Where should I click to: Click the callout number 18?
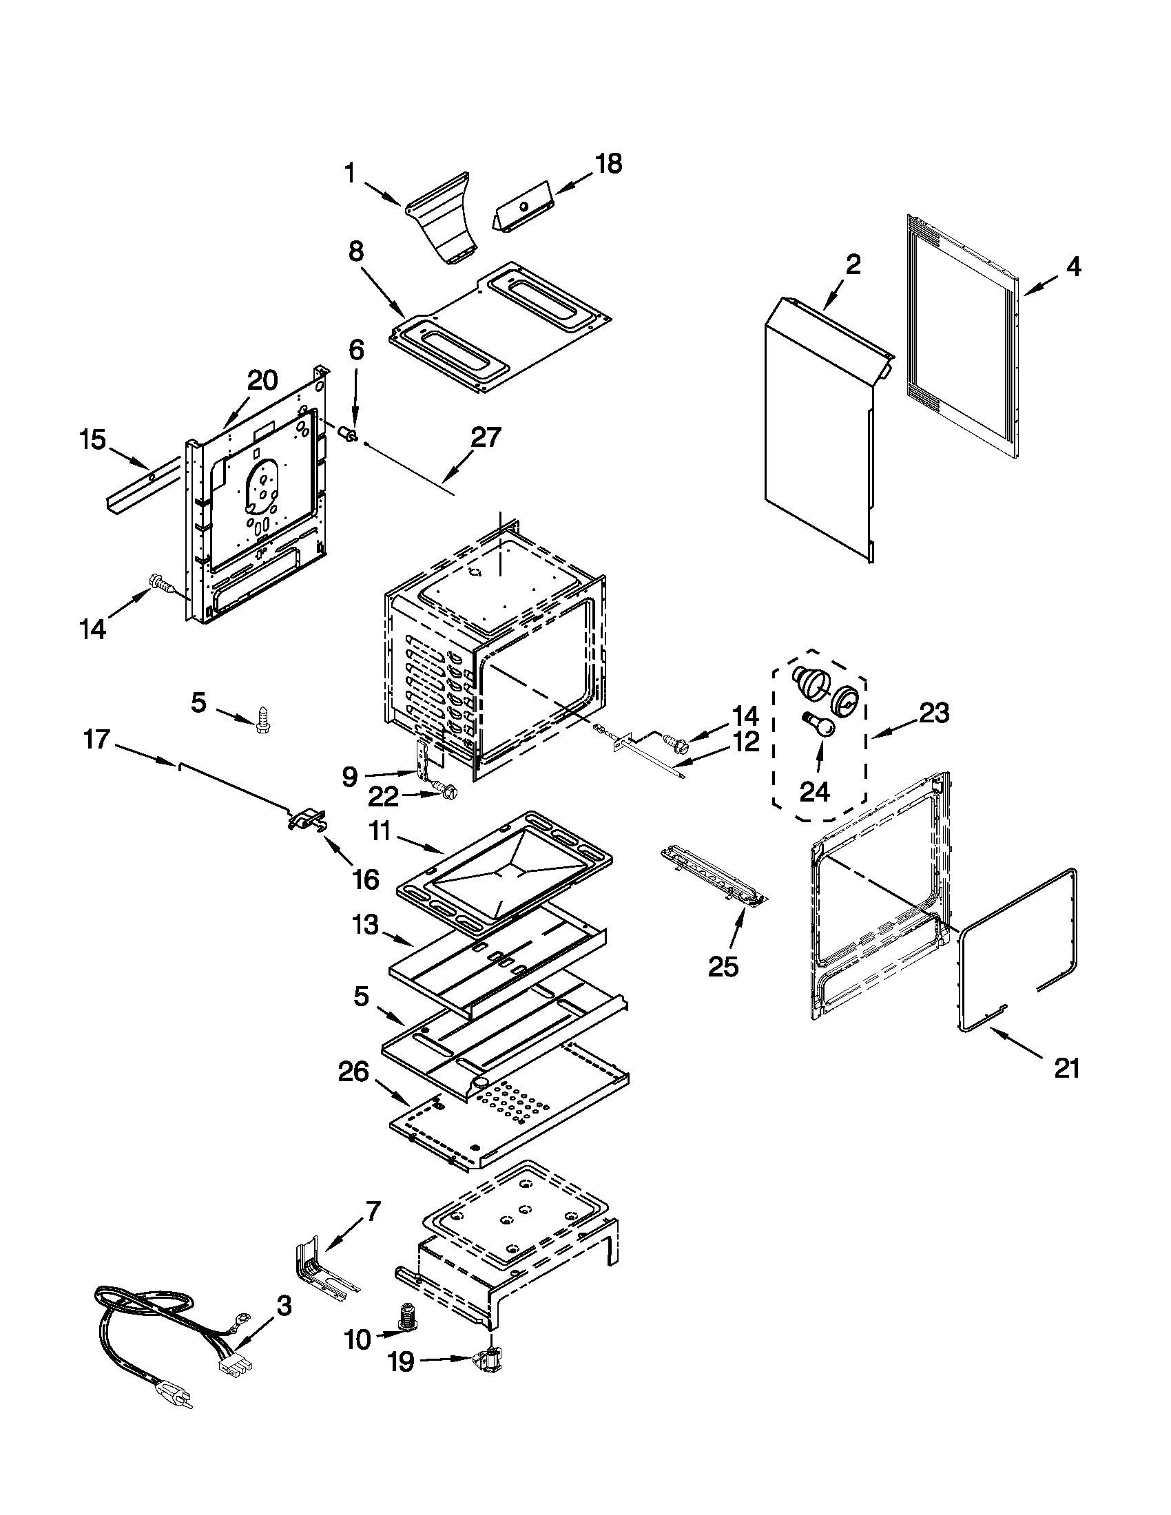click(x=608, y=165)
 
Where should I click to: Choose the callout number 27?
click(x=486, y=438)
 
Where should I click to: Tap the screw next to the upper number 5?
click(x=263, y=720)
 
